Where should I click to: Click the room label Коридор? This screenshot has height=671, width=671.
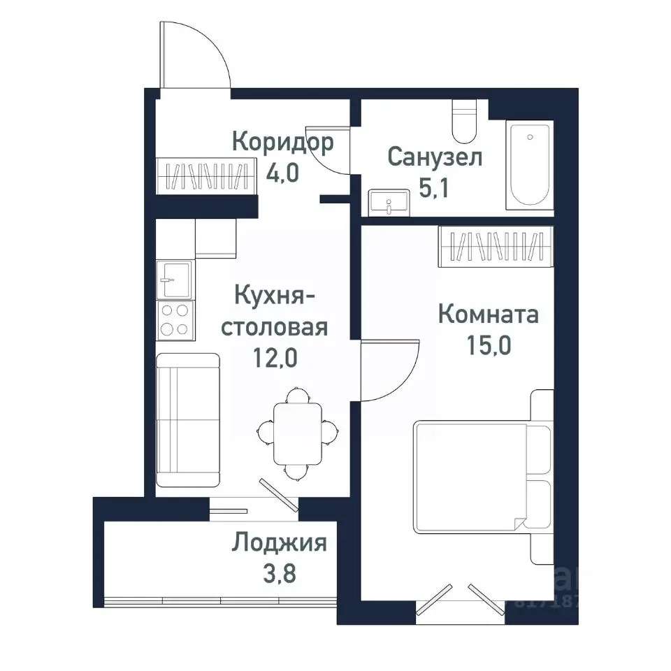[x=282, y=143]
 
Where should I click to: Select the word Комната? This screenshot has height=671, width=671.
[x=488, y=315]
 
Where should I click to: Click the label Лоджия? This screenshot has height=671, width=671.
[x=280, y=542]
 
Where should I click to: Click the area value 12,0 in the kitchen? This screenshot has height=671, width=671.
[x=275, y=359]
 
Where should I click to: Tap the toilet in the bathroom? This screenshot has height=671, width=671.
[x=463, y=122]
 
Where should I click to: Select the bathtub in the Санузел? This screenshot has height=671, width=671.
[x=529, y=164]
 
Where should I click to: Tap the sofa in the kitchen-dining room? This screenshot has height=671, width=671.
[x=187, y=419]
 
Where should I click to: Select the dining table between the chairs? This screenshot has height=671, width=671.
[x=297, y=433]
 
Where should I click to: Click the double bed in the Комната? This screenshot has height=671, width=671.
[x=475, y=475]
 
